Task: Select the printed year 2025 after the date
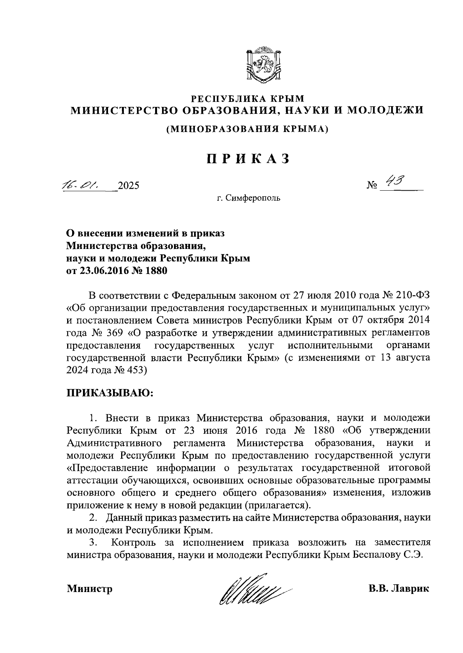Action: click(x=128, y=186)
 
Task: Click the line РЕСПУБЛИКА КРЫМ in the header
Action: click(x=248, y=99)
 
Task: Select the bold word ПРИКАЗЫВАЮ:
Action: click(x=110, y=393)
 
